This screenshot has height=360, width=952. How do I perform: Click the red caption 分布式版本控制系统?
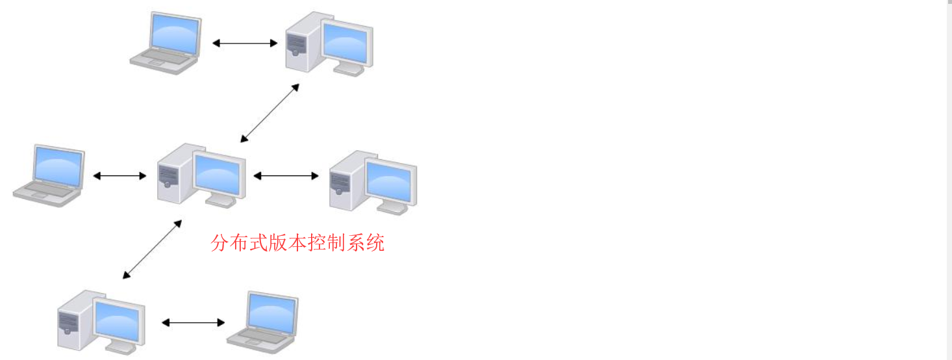298,243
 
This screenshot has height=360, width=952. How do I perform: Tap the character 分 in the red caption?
221,243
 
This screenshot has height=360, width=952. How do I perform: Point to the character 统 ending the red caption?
375,243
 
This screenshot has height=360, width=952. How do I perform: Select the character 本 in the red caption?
298,243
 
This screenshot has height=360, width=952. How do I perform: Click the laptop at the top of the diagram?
165,42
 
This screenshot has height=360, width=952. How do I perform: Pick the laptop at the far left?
51,175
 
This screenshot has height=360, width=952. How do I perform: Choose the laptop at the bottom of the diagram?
264,322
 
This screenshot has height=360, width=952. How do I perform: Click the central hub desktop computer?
201,175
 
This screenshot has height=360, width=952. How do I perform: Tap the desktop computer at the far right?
372,182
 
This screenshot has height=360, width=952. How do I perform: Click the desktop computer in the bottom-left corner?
99,322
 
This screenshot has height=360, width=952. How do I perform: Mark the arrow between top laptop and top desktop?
245,44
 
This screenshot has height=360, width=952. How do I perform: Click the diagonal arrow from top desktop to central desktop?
269,112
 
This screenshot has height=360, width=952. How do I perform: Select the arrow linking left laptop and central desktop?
120,175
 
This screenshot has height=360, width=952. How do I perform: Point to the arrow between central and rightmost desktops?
286,175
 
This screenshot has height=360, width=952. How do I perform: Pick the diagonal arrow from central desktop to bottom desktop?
152,250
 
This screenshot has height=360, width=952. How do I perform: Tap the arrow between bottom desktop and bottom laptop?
193,322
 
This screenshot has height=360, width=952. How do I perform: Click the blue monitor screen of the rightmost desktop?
388,179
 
